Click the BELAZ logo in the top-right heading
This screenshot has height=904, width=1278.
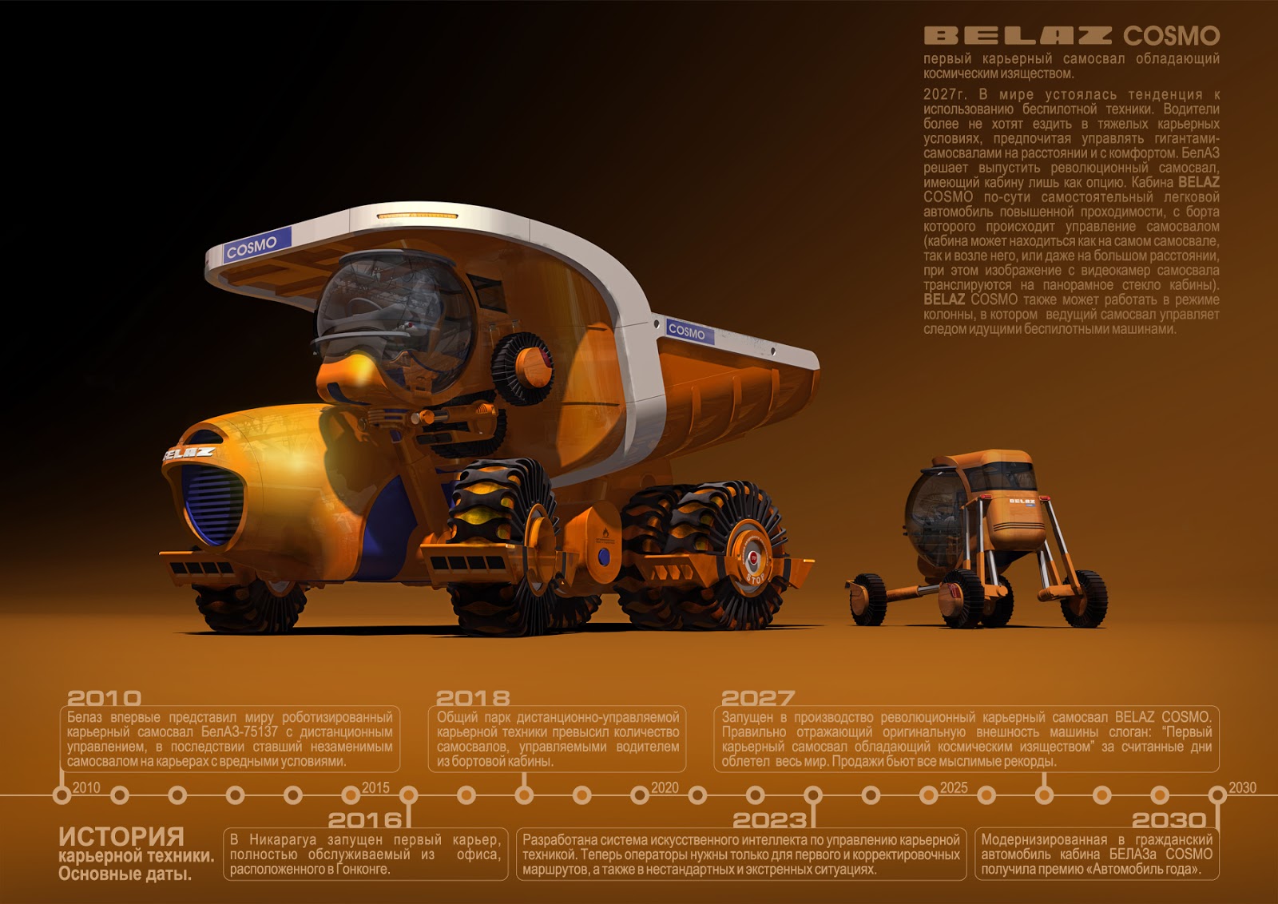(x=1018, y=35)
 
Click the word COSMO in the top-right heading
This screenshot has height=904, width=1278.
(x=1171, y=35)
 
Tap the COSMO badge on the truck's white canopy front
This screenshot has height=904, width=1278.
(x=251, y=247)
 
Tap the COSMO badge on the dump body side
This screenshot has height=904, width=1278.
(x=687, y=330)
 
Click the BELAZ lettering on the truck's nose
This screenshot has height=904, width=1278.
(x=189, y=454)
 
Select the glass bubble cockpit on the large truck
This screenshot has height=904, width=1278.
(x=395, y=319)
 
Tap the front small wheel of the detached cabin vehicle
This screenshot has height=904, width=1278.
(x=867, y=599)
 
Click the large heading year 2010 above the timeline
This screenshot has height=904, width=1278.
(x=104, y=698)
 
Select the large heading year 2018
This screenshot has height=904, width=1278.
(x=473, y=698)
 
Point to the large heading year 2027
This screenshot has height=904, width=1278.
(x=758, y=698)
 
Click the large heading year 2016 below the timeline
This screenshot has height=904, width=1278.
(x=365, y=819)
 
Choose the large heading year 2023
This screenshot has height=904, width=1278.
(x=770, y=819)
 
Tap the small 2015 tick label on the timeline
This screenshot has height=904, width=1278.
(x=375, y=787)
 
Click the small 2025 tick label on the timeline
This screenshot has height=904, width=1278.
(x=954, y=787)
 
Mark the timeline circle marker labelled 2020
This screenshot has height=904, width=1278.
(x=640, y=795)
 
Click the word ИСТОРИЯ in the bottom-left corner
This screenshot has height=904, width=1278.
(x=121, y=836)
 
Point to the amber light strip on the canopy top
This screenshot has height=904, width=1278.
(x=417, y=216)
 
